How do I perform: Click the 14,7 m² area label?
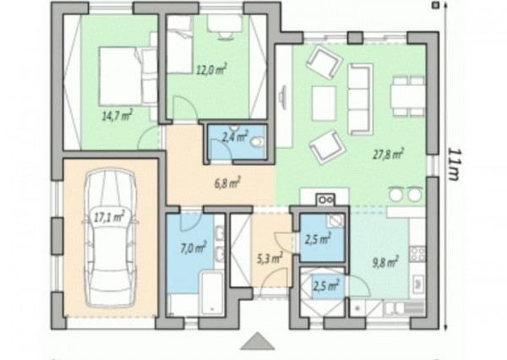(117, 116)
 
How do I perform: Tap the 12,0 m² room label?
(212, 69)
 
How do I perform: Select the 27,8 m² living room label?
(389, 155)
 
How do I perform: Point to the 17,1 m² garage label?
(109, 216)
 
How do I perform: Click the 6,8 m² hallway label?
(227, 183)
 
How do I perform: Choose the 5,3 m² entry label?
(270, 259)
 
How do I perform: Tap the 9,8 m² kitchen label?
(385, 262)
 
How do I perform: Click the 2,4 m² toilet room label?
(235, 137)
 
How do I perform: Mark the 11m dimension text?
(454, 164)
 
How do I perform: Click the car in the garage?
(110, 237)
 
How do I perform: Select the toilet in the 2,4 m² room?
(258, 142)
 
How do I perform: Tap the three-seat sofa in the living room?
(360, 99)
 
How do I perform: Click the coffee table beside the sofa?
(324, 103)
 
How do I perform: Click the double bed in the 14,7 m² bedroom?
(122, 76)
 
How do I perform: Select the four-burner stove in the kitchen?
(417, 254)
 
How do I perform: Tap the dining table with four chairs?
(407, 96)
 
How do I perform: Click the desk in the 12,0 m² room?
(224, 24)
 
